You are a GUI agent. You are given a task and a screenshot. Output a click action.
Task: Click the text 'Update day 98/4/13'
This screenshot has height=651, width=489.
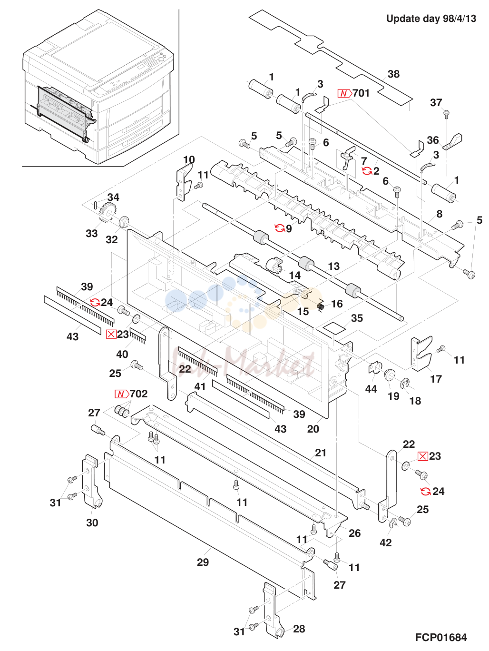point(431,19)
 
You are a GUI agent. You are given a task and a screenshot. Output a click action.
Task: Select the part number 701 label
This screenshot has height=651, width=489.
point(361,93)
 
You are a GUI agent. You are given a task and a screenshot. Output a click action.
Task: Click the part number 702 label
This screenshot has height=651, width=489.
point(138,394)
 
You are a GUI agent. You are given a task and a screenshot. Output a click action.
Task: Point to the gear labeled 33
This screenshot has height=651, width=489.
point(106,213)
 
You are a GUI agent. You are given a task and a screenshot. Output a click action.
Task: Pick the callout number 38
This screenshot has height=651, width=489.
point(393,74)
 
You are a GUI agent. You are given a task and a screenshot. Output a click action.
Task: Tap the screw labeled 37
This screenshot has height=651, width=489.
point(446,114)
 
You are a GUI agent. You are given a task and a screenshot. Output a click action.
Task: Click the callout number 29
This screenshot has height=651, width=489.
point(203,562)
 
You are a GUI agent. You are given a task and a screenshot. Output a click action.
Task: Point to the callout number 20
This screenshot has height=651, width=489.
point(313,429)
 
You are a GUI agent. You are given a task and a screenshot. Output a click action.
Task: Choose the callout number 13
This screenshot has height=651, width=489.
point(334,266)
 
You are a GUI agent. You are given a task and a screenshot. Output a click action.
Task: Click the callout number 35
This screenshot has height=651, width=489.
point(357,318)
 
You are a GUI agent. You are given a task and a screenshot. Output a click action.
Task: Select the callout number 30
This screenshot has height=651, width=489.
point(92,523)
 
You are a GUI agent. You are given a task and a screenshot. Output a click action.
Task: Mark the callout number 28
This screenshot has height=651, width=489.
point(299,629)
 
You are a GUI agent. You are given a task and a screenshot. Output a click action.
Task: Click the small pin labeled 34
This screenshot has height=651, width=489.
point(96,205)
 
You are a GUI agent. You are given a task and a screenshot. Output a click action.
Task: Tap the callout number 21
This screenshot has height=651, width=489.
point(321,453)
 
